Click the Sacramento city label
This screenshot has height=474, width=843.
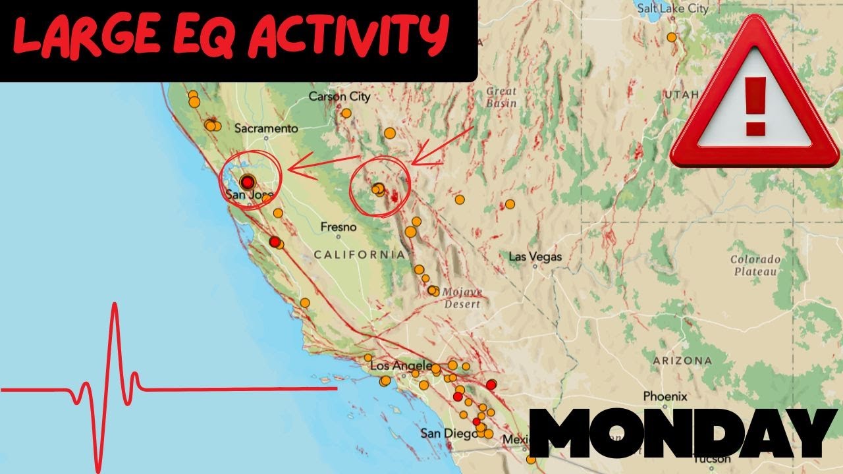click(267, 128)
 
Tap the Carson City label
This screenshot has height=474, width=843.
click(339, 97)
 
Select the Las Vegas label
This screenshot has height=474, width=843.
click(535, 256)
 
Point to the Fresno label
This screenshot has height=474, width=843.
click(338, 227)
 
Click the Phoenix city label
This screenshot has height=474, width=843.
click(665, 396)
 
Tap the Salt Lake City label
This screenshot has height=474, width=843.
click(672, 9)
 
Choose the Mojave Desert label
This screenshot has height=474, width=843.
click(462, 298)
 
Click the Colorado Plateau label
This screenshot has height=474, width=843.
click(755, 265)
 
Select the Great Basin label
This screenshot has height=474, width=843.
click(501, 97)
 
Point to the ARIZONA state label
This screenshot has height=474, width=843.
click(682, 361)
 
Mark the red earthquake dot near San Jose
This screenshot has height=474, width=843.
click(247, 182)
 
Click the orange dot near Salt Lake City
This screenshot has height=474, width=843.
click(672, 38)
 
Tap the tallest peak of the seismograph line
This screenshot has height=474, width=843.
click(115, 306)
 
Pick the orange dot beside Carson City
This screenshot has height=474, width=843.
click(346, 113)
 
